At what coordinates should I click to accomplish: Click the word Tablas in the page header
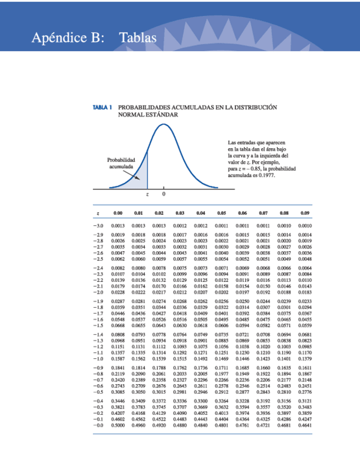(x=138, y=38)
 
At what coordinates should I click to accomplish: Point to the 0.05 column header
(x=221, y=212)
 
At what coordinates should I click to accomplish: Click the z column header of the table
(x=98, y=212)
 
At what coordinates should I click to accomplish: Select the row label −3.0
(x=98, y=225)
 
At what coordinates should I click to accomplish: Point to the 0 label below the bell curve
(x=164, y=195)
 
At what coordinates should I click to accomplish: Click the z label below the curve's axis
(x=147, y=195)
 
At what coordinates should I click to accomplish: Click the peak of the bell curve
(x=164, y=125)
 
